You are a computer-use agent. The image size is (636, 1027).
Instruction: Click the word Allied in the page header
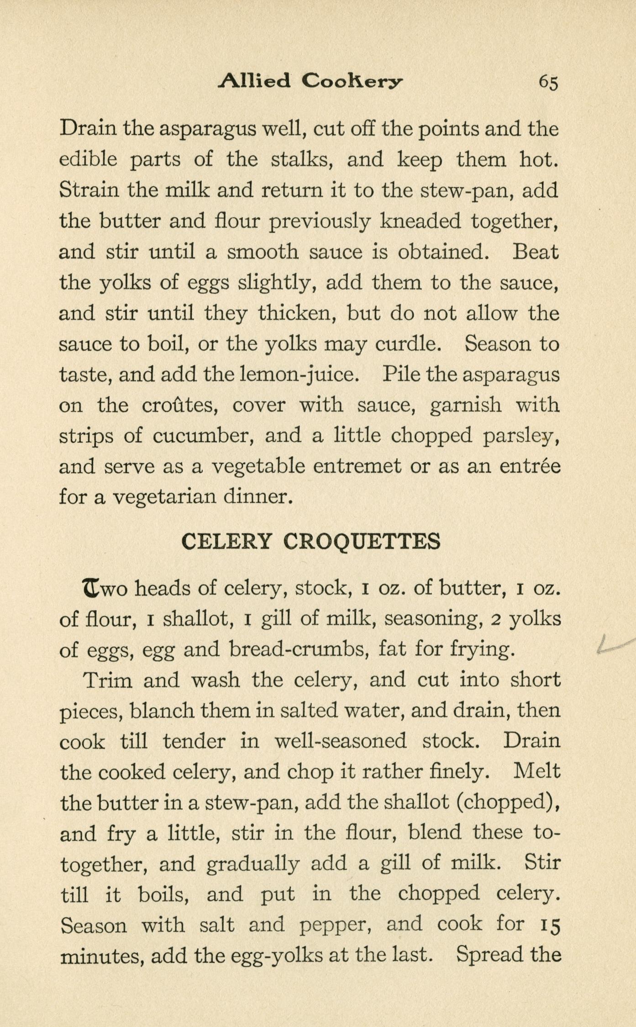(254, 81)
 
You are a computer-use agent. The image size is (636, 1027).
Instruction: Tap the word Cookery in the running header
(352, 82)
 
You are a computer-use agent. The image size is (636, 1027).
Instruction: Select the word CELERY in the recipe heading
(226, 542)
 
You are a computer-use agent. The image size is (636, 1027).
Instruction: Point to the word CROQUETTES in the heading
(362, 542)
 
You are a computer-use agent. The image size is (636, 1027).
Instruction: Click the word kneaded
(420, 221)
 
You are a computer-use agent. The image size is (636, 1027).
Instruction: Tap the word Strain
(89, 190)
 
